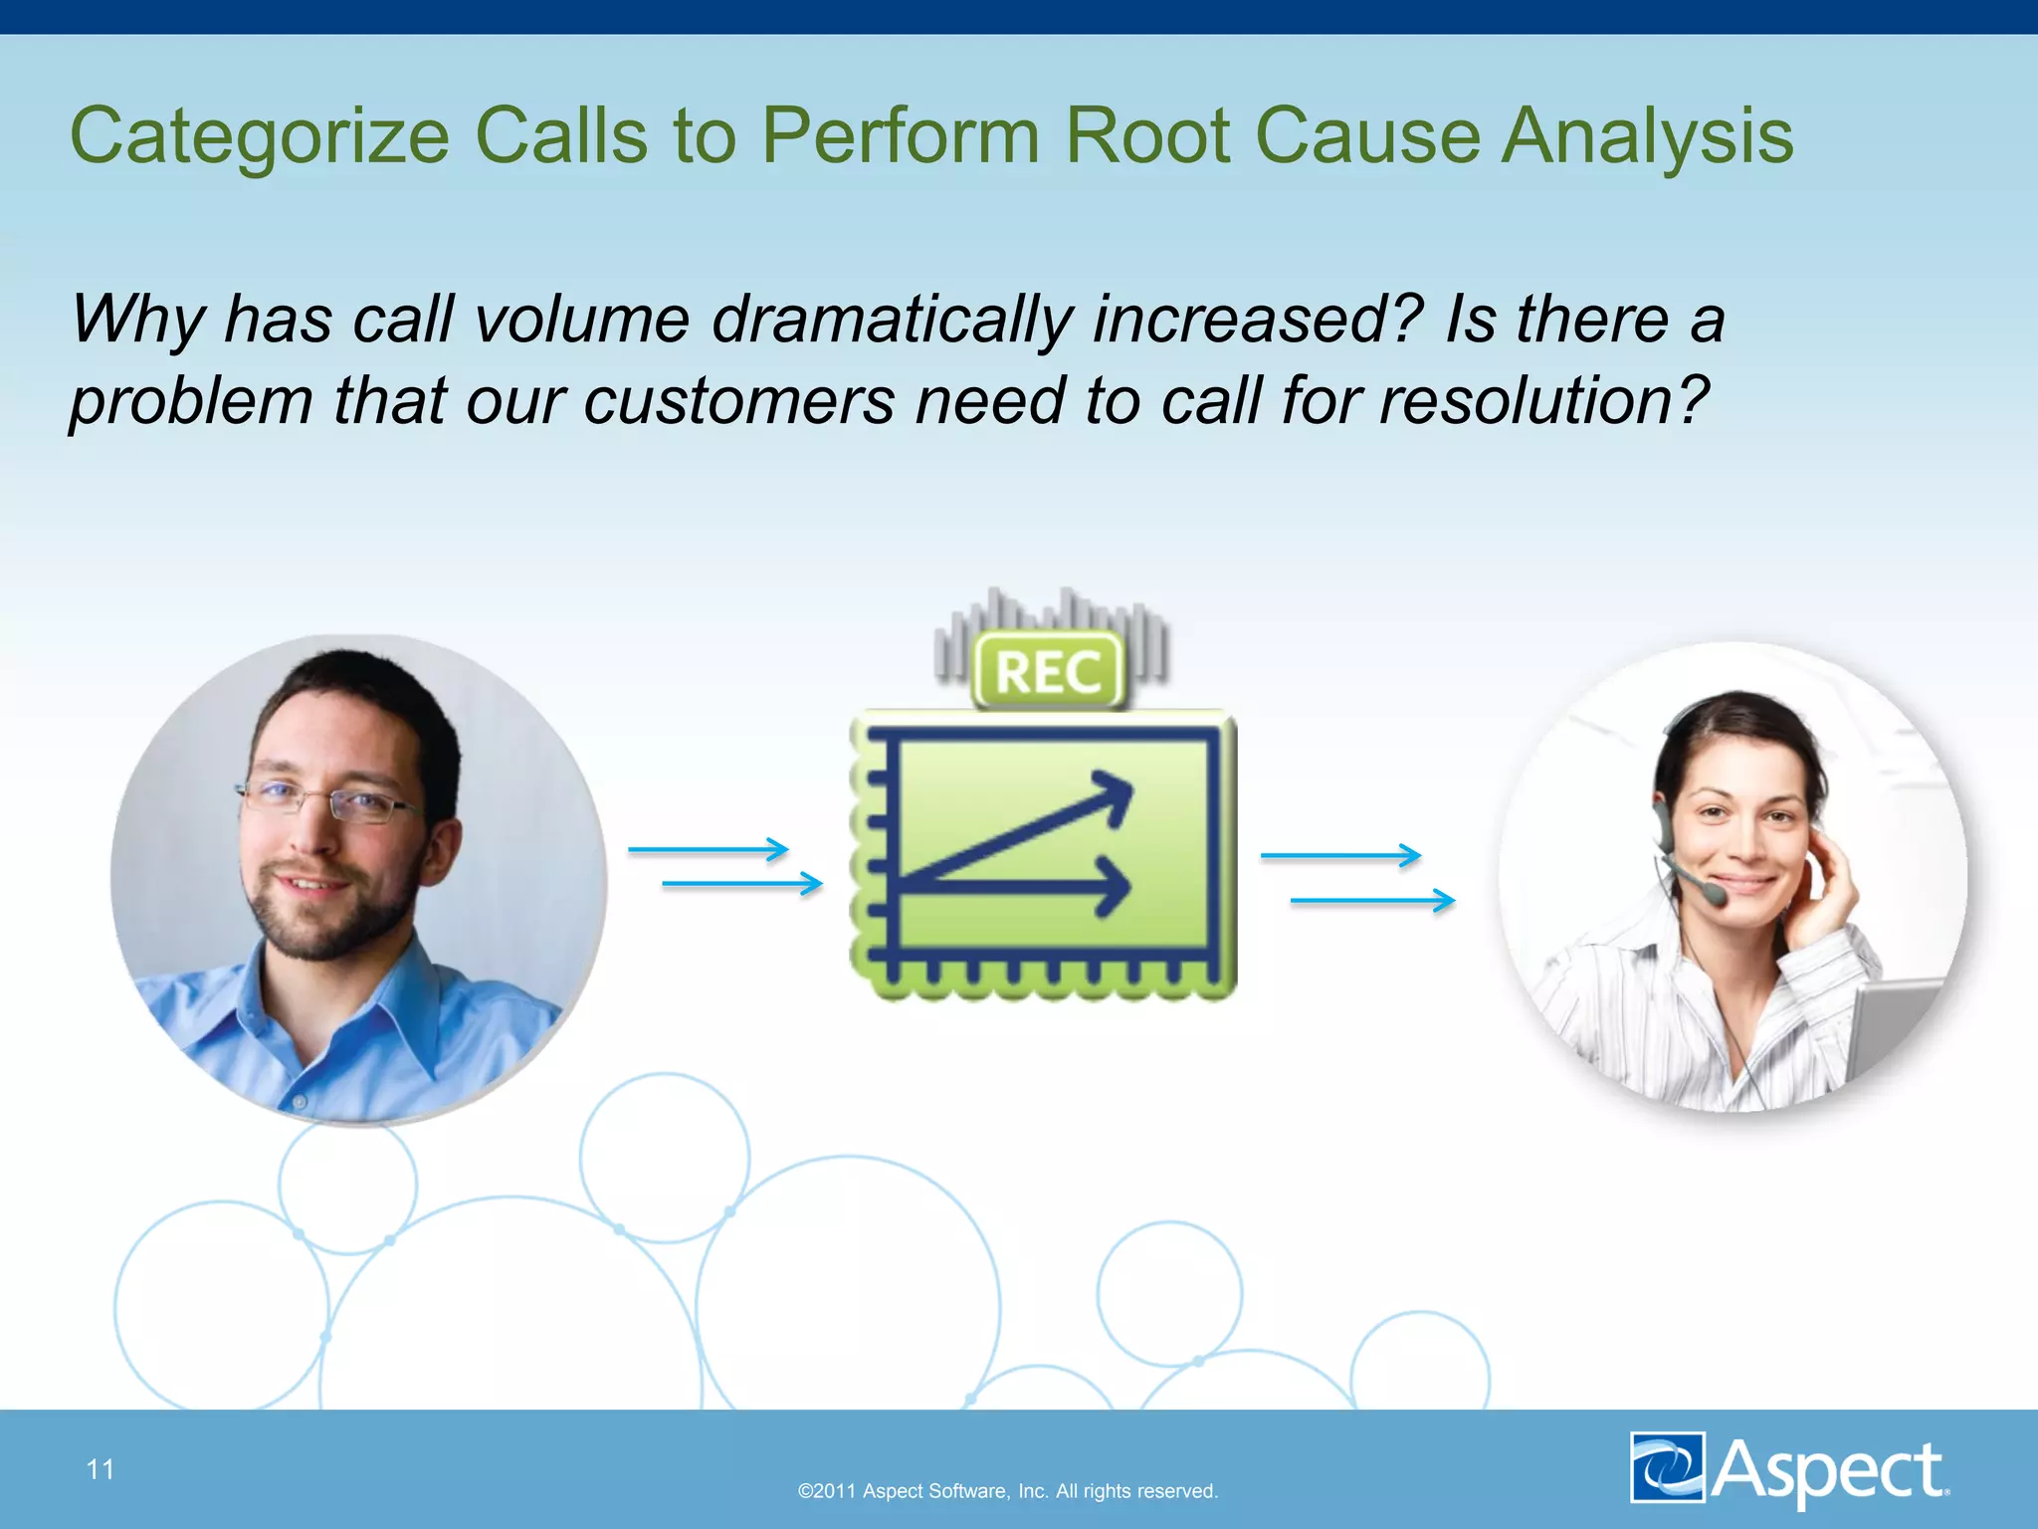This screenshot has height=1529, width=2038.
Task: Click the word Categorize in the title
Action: pyautogui.click(x=259, y=137)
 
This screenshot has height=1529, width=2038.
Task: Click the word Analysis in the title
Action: pyautogui.click(x=1647, y=137)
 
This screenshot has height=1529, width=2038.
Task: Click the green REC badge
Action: pyautogui.click(x=1048, y=670)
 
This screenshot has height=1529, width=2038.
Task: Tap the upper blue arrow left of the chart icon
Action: pyautogui.click(x=708, y=850)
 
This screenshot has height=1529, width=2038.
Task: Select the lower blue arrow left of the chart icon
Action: pyautogui.click(x=741, y=883)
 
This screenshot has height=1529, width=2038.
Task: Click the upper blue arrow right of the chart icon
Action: pyautogui.click(x=1339, y=855)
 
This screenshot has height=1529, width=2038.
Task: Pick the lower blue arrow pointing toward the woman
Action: pyautogui.click(x=1372, y=901)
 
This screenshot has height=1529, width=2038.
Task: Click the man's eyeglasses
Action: pyautogui.click(x=328, y=801)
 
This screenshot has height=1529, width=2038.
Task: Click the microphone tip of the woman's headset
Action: pyautogui.click(x=1716, y=895)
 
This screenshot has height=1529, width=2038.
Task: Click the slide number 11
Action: pyautogui.click(x=101, y=1469)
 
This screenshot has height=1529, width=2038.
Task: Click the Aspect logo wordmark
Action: pyautogui.click(x=1829, y=1469)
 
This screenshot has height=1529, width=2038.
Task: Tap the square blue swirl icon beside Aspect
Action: pyautogui.click(x=1667, y=1466)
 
